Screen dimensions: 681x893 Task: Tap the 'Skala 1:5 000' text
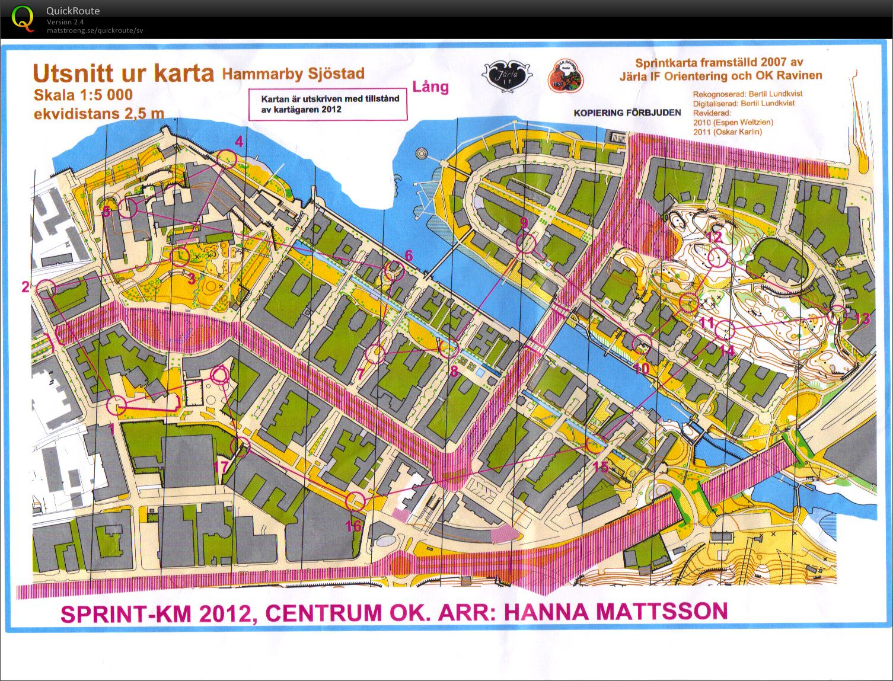point(83,95)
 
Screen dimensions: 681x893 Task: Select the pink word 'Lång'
point(430,87)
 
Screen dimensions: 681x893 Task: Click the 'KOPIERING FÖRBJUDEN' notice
point(627,113)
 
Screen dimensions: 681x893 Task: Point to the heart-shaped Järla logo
point(506,76)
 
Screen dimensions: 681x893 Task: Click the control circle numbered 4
point(227,158)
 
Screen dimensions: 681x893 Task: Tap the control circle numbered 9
point(526,243)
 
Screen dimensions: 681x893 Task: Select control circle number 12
point(717,258)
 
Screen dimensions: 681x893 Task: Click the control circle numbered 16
point(355,501)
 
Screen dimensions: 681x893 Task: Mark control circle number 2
point(46,289)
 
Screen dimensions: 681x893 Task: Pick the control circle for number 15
point(594,445)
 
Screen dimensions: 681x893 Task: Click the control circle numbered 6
point(394,271)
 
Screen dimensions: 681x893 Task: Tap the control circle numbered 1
point(117,406)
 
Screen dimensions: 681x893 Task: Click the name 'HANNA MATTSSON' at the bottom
point(615,610)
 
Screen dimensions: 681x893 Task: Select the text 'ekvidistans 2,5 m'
point(98,113)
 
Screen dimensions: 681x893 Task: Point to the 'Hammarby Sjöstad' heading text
point(293,73)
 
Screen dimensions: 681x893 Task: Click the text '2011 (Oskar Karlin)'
point(727,132)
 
